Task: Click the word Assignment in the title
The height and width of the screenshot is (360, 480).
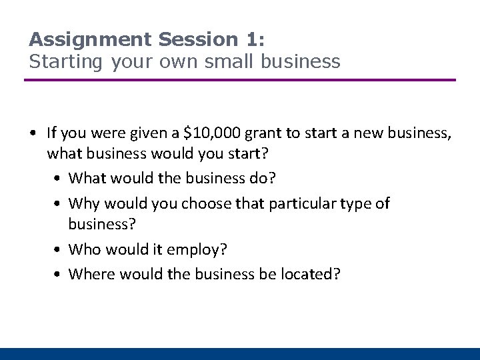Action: pyautogui.click(x=91, y=39)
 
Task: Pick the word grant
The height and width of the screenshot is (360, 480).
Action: pyautogui.click(x=265, y=133)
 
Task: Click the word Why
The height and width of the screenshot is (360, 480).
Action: pyautogui.click(x=83, y=203)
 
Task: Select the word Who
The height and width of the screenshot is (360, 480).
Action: pyautogui.click(x=84, y=249)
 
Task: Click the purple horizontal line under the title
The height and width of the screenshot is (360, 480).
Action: pyautogui.click(x=240, y=80)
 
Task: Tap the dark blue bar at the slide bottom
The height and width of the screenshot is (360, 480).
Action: pyautogui.click(x=240, y=354)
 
